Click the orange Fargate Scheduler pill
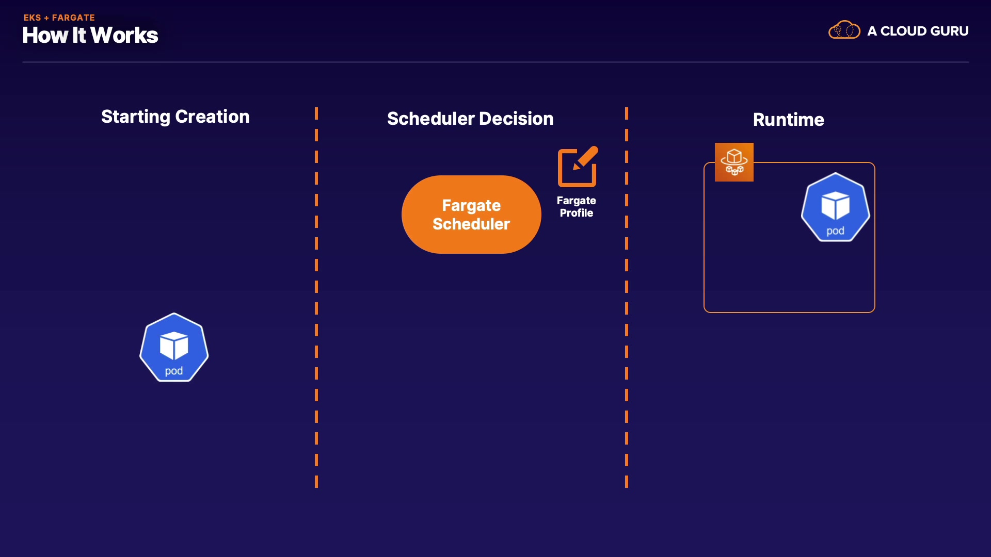click(x=471, y=215)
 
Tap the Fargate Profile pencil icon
click(x=578, y=167)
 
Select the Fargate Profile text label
click(x=576, y=207)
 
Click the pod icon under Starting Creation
click(x=174, y=348)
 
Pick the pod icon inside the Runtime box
click(x=835, y=207)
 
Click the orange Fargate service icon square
click(x=734, y=162)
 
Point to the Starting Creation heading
click(x=175, y=117)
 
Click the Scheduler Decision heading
click(x=470, y=119)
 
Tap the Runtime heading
click(x=788, y=120)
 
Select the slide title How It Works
click(x=90, y=36)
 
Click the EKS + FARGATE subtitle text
click(x=59, y=18)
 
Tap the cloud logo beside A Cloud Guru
click(x=844, y=30)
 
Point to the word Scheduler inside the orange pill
click(x=471, y=224)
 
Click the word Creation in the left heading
click(x=212, y=117)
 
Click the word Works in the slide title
click(x=124, y=36)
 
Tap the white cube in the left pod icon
click(x=174, y=345)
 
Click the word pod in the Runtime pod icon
click(x=835, y=231)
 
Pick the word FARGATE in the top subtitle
click(x=73, y=18)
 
